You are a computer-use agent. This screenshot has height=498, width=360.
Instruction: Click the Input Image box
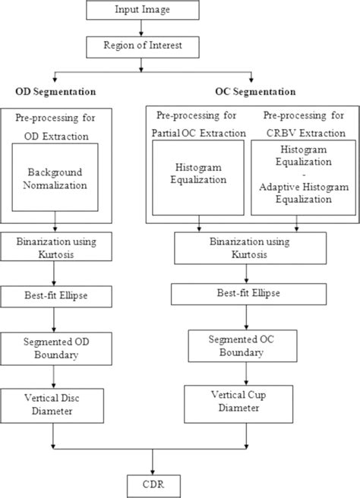(x=153, y=11)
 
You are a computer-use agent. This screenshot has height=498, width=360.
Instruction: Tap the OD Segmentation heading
(x=55, y=91)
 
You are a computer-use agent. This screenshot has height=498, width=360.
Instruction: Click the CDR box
(x=153, y=483)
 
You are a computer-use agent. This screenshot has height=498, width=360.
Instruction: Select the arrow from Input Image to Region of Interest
(x=153, y=28)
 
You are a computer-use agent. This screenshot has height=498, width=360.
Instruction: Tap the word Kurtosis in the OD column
(x=55, y=252)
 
